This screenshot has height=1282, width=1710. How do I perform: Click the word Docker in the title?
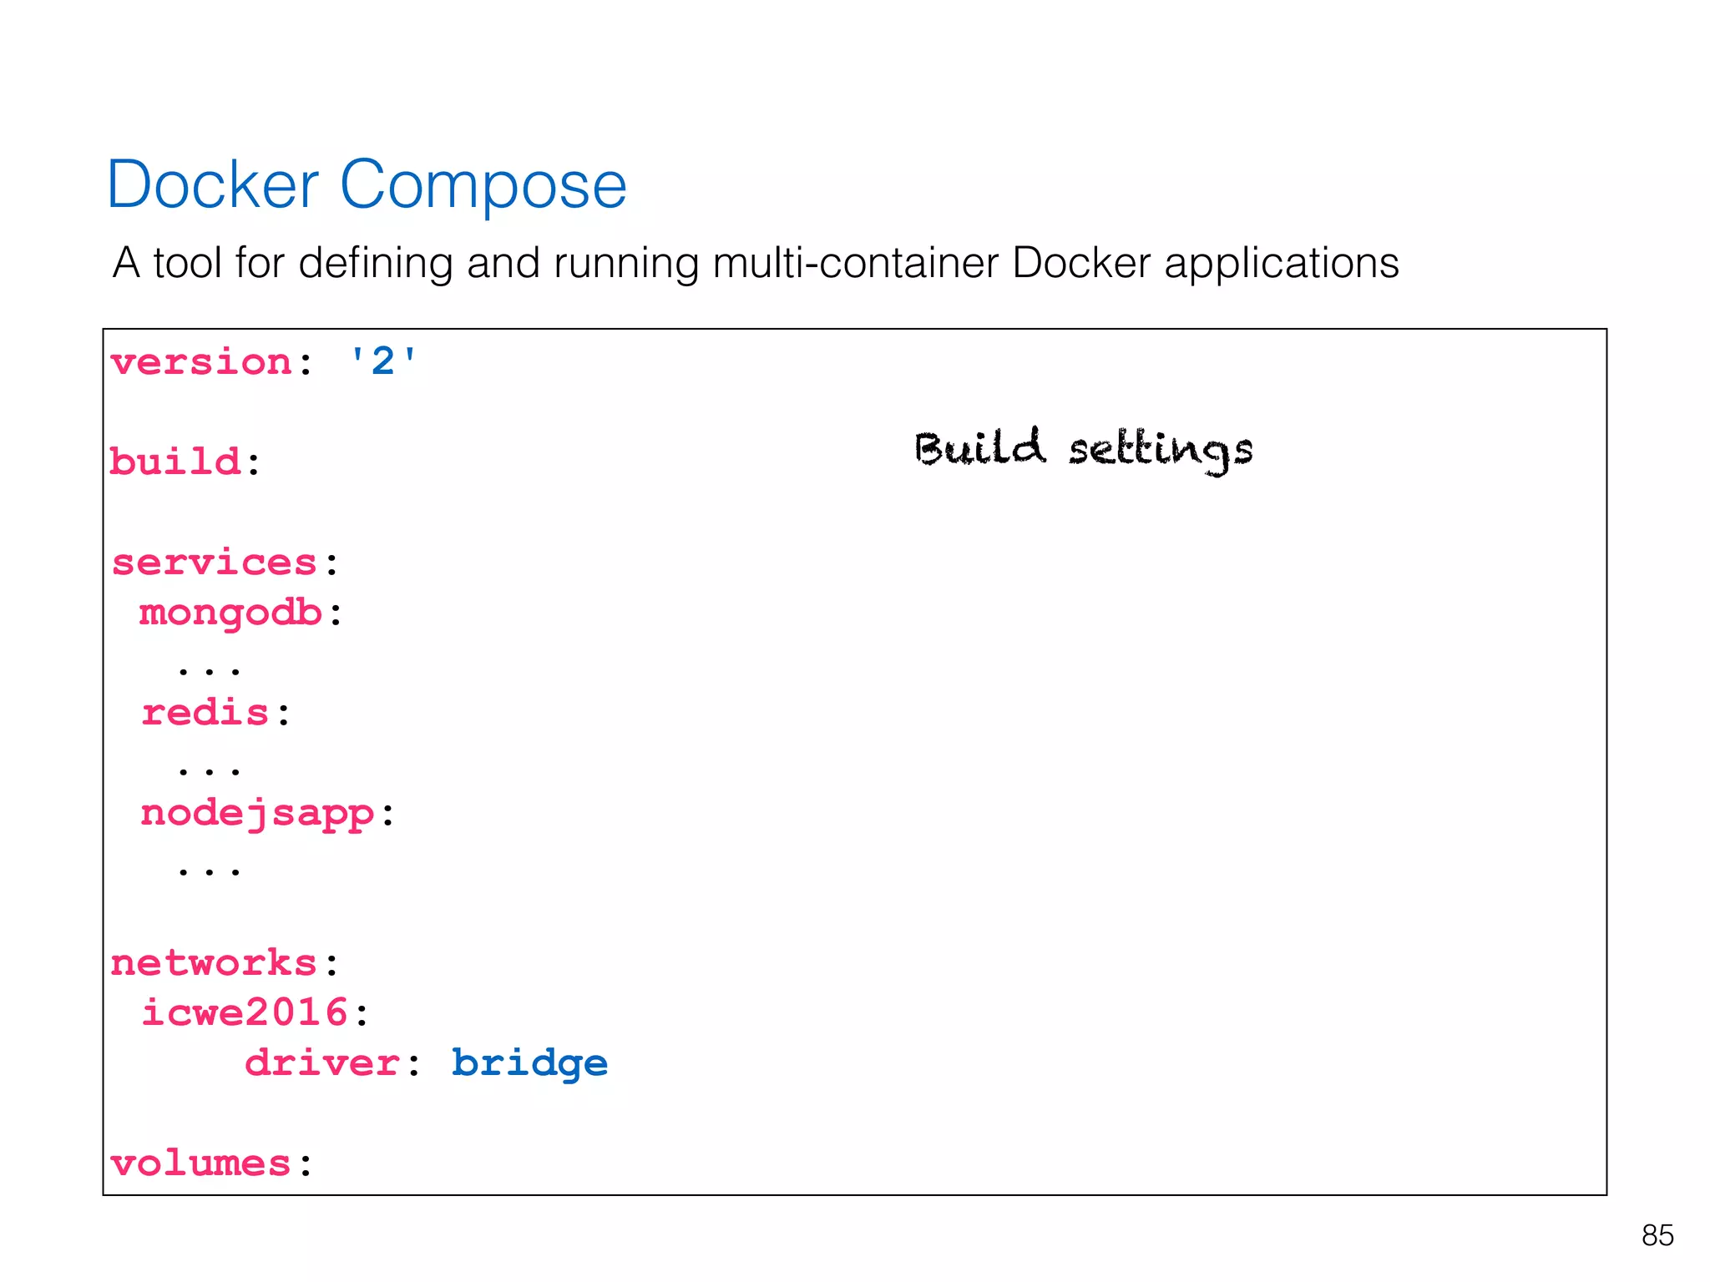(x=213, y=184)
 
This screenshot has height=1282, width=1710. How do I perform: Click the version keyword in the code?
(x=201, y=362)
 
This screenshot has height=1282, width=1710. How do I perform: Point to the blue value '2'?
(x=382, y=362)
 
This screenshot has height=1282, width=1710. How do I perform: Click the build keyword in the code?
(x=175, y=462)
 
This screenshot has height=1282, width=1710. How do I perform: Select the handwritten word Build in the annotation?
(x=979, y=448)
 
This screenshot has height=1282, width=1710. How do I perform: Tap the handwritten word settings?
(x=1161, y=452)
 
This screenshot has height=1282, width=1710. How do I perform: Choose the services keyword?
(x=215, y=563)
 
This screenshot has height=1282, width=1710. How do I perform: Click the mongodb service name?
(x=230, y=613)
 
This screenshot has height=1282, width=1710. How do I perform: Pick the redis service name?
(x=205, y=713)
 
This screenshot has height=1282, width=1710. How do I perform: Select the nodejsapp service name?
(x=257, y=814)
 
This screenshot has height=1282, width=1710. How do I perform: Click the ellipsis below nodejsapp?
(x=209, y=871)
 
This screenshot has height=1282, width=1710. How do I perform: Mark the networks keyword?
(x=214, y=963)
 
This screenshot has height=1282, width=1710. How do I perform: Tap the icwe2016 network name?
(x=244, y=1013)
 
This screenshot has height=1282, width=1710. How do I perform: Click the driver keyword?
(x=322, y=1063)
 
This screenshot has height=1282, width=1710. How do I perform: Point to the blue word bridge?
(x=529, y=1063)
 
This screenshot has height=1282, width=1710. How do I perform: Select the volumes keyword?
(x=200, y=1163)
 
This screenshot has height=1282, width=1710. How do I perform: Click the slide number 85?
(x=1657, y=1235)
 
